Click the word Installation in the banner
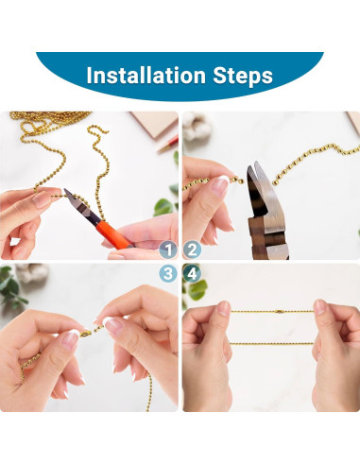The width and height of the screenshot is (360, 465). (x=146, y=76)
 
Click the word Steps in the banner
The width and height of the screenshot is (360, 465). (x=243, y=77)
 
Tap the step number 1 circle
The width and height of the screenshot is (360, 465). (x=168, y=250)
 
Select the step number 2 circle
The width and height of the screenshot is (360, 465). (x=192, y=250)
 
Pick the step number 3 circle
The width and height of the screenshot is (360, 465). (x=168, y=273)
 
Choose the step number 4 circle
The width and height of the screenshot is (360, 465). (x=192, y=273)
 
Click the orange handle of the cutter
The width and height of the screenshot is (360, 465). (x=113, y=234)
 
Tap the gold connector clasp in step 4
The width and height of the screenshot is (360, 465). (x=279, y=312)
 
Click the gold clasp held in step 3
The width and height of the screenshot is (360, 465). (x=85, y=334)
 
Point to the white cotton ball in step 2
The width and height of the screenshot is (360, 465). (x=196, y=126)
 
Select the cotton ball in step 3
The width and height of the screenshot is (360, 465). (x=31, y=272)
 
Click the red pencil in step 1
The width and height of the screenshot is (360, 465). (x=168, y=145)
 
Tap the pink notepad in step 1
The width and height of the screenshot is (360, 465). (x=155, y=124)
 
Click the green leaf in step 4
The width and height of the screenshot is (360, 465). (x=197, y=290)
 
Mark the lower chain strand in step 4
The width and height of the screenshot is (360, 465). (x=271, y=343)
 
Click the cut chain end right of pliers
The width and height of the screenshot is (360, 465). (x=275, y=182)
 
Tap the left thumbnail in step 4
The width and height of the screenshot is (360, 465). (x=224, y=308)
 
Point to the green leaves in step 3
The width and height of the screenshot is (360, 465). (x=11, y=288)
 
